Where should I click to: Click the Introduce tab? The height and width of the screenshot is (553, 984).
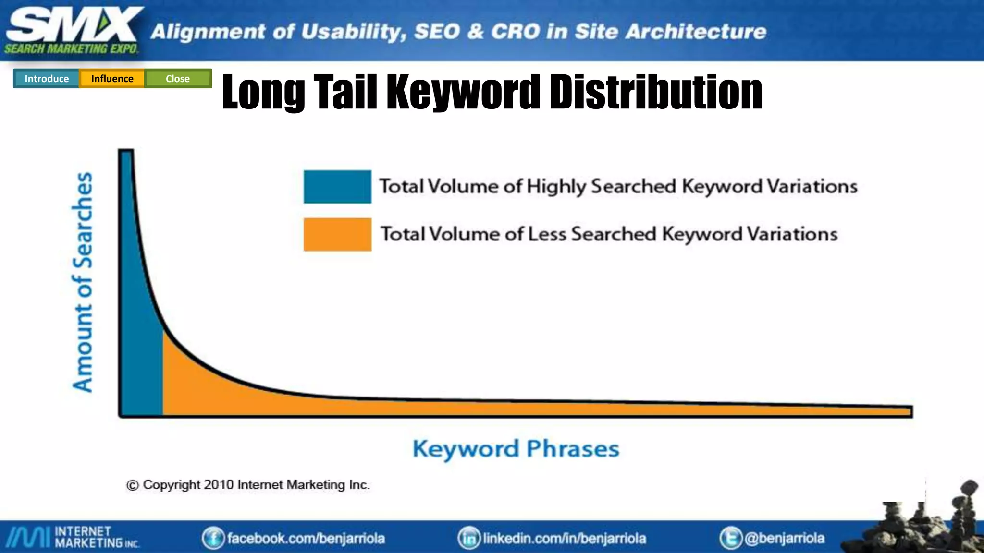47,79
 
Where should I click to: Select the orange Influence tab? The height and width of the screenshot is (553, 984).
112,79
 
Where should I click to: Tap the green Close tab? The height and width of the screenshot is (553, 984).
178,79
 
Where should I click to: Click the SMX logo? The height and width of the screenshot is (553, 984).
72,29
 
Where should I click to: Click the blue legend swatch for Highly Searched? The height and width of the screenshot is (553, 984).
337,187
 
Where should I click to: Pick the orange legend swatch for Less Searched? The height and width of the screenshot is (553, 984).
337,234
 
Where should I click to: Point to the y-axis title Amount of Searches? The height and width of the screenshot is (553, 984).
83,282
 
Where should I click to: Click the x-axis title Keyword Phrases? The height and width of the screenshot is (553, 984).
516,449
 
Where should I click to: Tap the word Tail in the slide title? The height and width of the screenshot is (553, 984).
345,92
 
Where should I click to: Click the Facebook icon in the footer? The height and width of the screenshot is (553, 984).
213,538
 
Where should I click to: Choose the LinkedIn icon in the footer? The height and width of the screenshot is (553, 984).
469,538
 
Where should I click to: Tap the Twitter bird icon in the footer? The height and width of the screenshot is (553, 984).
730,538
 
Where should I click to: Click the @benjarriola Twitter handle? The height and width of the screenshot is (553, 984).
785,538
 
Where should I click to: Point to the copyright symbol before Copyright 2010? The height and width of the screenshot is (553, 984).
132,485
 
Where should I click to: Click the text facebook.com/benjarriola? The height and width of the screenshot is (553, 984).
306,538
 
